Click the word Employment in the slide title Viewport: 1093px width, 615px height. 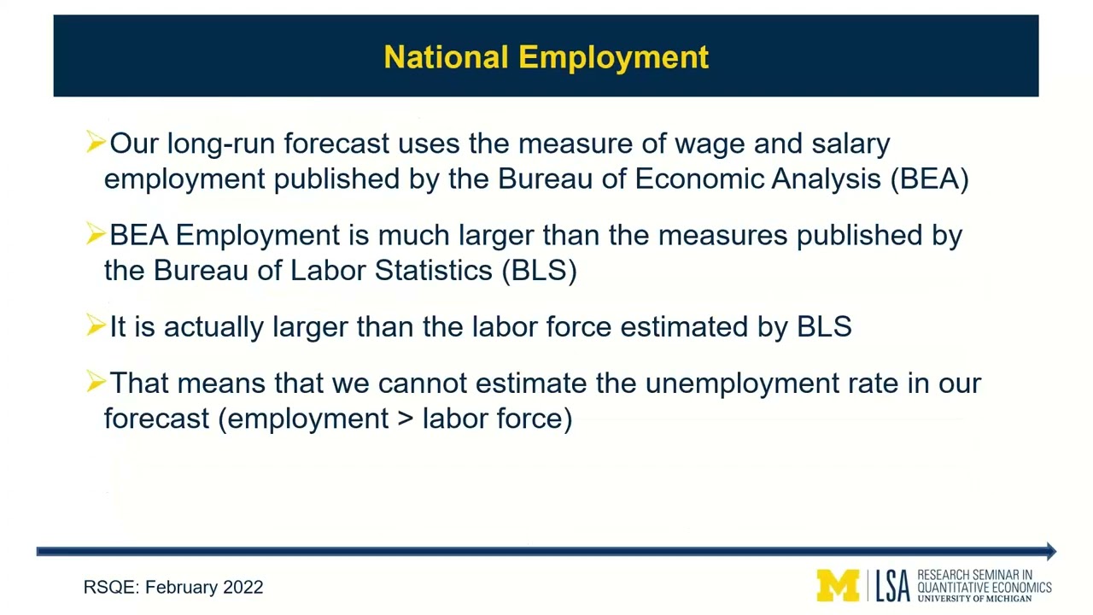[614, 58]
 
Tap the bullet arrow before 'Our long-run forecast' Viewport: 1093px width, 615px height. [95, 142]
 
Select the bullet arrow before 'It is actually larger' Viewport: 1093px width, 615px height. [95, 325]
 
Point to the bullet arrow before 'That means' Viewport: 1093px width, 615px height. [95, 382]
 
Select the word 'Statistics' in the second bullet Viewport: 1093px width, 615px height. [433, 270]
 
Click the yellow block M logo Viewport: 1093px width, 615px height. [838, 586]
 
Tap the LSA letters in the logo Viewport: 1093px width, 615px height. [892, 586]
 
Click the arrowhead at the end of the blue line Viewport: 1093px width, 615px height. [1050, 552]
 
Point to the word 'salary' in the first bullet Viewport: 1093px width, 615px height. [850, 143]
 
